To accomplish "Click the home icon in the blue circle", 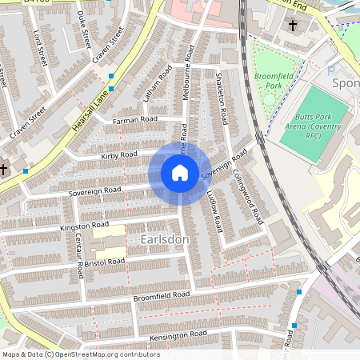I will coord(180,173).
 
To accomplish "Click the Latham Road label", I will coord(164,83).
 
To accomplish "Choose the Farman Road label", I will coord(135,120).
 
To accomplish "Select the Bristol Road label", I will coord(106,262).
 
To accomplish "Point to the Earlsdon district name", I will coord(164,239).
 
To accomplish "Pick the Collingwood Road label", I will coord(247,196).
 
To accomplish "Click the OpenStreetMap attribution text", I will coord(80,354).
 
